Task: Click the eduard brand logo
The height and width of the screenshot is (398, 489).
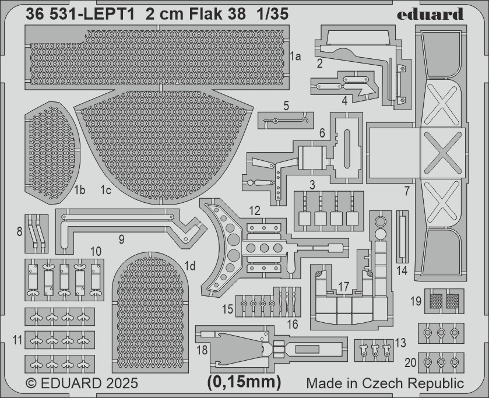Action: [430, 14]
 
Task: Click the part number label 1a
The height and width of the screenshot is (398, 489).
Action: [295, 57]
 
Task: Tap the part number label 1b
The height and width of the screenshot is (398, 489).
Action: [79, 189]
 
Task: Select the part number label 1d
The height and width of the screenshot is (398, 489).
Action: [189, 266]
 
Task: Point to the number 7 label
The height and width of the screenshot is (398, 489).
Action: [407, 191]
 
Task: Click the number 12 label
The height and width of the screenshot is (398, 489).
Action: [255, 211]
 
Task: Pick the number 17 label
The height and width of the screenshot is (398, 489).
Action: [344, 286]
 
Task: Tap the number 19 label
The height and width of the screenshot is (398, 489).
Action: [416, 301]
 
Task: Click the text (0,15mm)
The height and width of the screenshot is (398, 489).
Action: [244, 382]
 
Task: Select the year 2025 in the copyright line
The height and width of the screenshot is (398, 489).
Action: [121, 383]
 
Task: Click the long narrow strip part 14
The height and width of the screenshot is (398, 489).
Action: [402, 237]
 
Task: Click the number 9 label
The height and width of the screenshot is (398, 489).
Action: [121, 239]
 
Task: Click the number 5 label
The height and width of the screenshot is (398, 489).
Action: [286, 105]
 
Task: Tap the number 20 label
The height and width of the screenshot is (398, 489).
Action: [410, 362]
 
